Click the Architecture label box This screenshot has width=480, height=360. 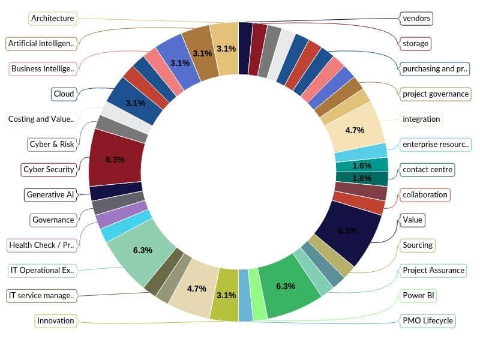[x=53, y=18]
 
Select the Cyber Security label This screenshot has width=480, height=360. [x=49, y=169]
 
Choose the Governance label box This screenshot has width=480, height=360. [x=53, y=220]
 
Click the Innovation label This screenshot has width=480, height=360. [x=56, y=320]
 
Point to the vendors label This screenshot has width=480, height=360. [x=416, y=18]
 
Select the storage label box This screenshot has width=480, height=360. [x=416, y=43]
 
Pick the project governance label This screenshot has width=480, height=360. [x=436, y=94]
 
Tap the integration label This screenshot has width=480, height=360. [x=421, y=119]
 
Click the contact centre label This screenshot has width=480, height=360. [x=427, y=169]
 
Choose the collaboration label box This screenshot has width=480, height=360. [x=425, y=194]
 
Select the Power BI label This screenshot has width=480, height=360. [x=418, y=295]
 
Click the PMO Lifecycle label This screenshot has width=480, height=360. [x=428, y=320]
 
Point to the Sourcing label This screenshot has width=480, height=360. [x=418, y=245]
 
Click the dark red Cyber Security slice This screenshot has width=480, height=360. [x=115, y=159]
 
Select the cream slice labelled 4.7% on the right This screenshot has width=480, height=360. [x=358, y=126]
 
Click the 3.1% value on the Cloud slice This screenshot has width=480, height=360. [x=135, y=103]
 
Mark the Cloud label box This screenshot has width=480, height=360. [x=64, y=94]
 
